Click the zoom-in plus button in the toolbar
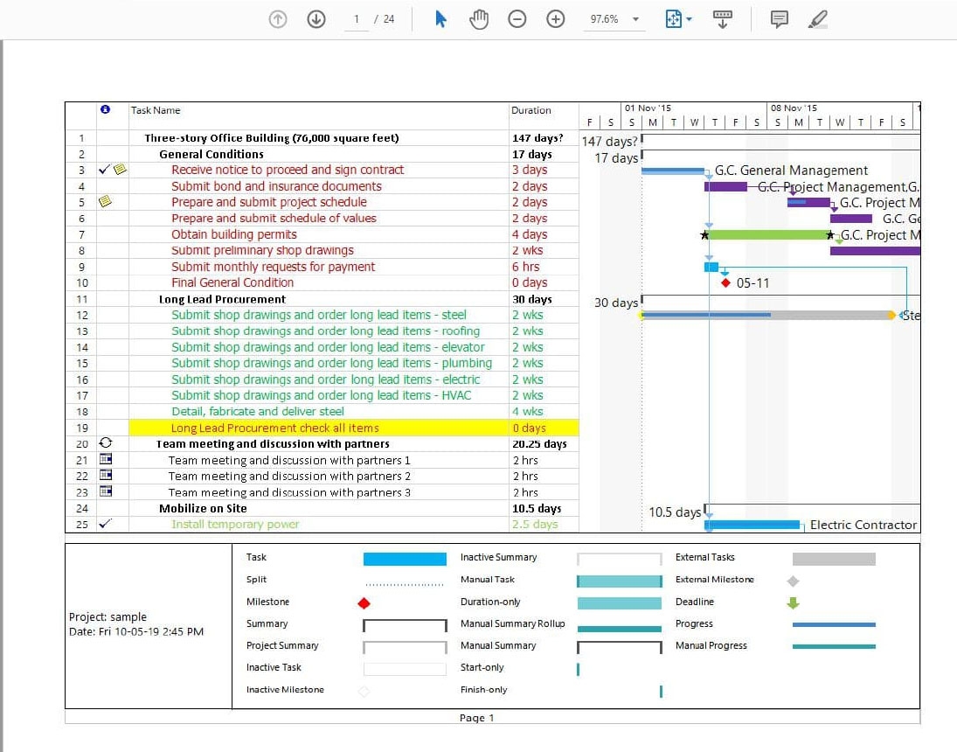[555, 19]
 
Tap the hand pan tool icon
[479, 19]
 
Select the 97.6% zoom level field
[605, 19]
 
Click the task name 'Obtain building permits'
[234, 234]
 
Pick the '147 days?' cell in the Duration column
[537, 138]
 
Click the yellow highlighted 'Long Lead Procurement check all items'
[274, 428]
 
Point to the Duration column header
[531, 110]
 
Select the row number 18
[82, 412]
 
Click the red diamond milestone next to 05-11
[725, 283]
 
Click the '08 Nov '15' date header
[794, 108]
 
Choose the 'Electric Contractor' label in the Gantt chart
[863, 525]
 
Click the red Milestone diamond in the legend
[364, 602]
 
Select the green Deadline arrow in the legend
[793, 602]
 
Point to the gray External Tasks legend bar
[833, 559]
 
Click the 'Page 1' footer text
[477, 718]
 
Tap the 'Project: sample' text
[107, 616]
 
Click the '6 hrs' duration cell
[526, 267]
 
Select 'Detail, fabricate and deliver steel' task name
[257, 412]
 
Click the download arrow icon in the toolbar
[316, 19]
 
